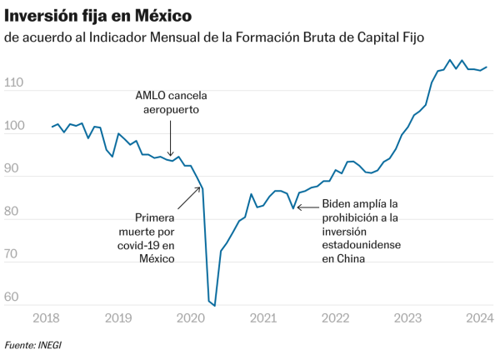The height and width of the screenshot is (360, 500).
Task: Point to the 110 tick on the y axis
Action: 14,84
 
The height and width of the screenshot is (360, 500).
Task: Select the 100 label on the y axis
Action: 14,127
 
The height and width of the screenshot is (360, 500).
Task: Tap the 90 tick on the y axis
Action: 16,170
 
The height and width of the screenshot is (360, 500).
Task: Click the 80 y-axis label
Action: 16,212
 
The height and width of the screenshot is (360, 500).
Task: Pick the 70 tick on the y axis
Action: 16,255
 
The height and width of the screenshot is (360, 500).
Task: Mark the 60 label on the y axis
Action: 16,297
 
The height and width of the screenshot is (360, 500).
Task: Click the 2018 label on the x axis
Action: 45,317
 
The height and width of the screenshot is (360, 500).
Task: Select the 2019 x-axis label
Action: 117,317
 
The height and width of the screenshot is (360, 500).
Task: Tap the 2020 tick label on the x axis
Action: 190,317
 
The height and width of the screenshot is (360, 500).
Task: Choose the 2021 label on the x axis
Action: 262,317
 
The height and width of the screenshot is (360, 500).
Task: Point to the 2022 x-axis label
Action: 335,317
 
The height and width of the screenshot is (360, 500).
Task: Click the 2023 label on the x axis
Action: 407,317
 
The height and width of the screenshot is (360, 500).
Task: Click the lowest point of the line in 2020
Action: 214,305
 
